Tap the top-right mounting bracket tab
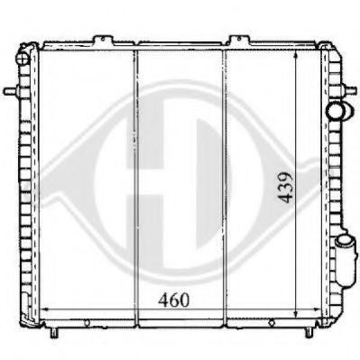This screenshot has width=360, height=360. pos(238,41)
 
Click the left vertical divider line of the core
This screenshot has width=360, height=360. pos(134,180)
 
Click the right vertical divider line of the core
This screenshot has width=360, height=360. pos(225,180)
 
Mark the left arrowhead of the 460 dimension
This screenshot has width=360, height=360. pos(42,310)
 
